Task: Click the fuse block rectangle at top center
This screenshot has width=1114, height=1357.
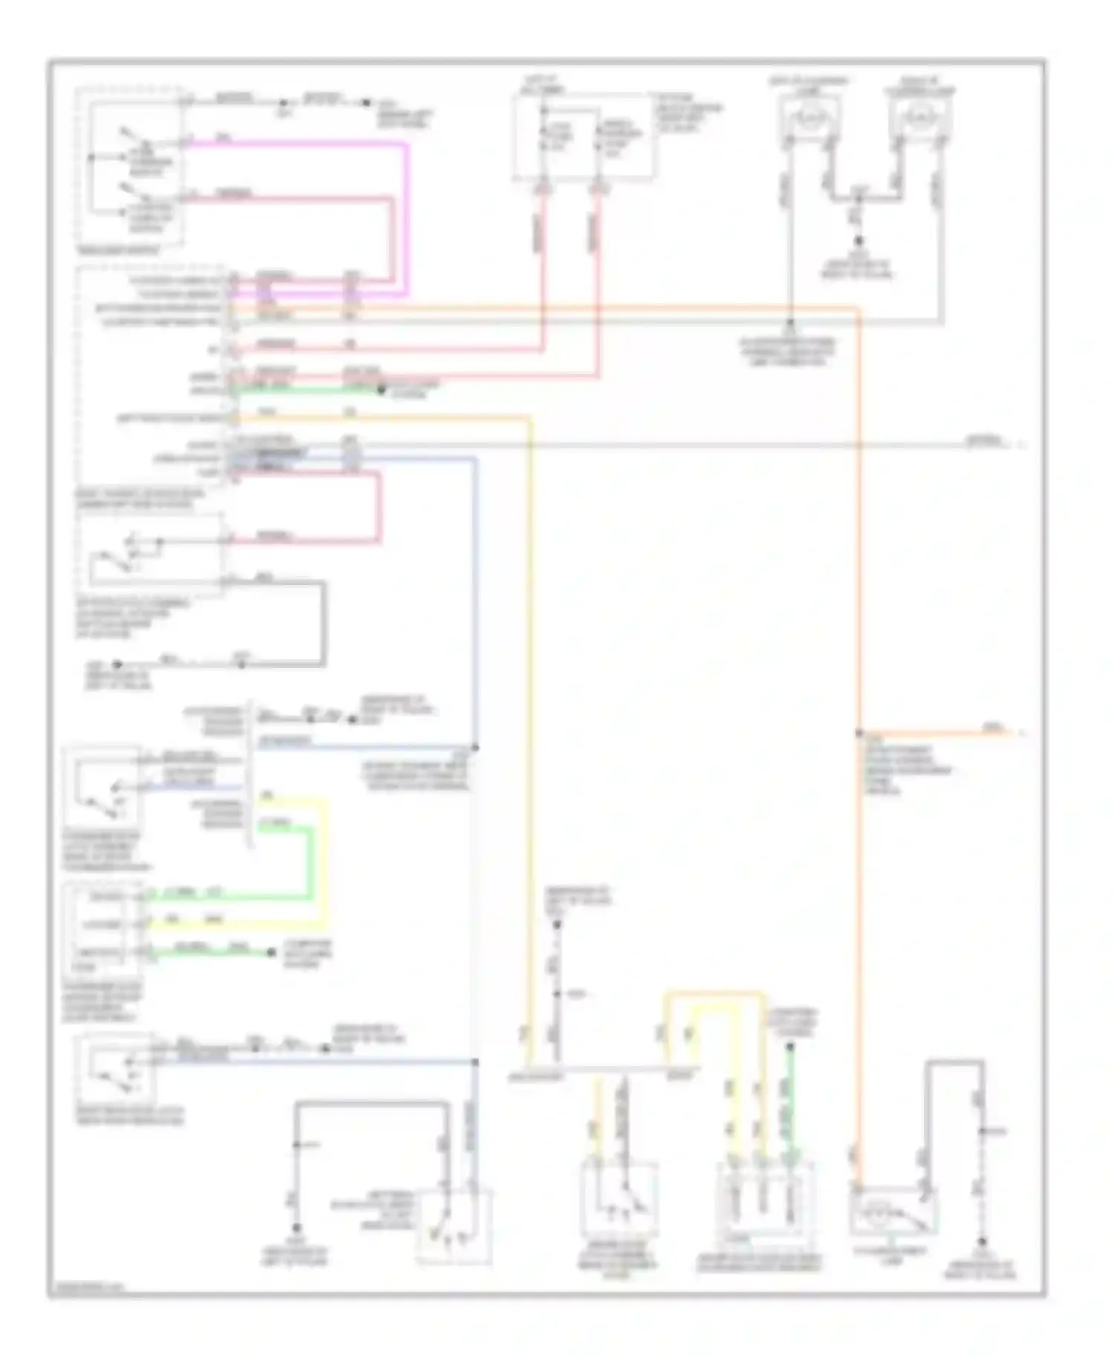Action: click(583, 137)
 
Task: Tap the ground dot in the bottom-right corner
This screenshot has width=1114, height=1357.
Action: click(982, 1241)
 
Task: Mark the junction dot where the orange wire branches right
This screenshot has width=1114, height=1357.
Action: click(859, 733)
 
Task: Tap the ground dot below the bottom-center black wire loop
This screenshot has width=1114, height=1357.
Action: click(296, 1229)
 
